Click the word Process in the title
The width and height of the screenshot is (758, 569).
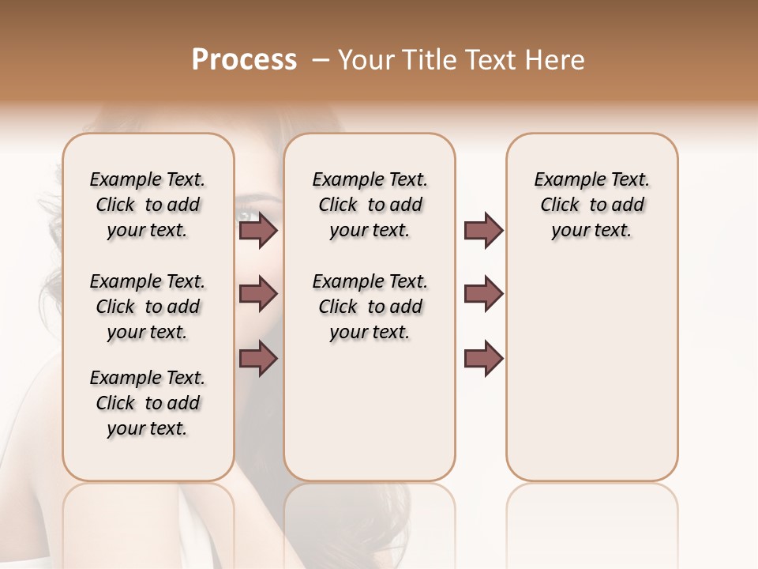(244, 60)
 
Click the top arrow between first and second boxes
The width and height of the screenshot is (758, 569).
(258, 231)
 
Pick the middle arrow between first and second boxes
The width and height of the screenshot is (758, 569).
(258, 294)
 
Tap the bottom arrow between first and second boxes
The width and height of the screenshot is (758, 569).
(258, 358)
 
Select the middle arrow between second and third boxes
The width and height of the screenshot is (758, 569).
(483, 294)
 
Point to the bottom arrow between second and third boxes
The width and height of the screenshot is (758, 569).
(483, 358)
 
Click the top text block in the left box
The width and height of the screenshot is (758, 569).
(147, 205)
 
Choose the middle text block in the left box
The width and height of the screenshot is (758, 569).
(147, 307)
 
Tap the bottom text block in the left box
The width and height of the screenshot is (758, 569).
(147, 403)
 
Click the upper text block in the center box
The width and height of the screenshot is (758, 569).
(370, 205)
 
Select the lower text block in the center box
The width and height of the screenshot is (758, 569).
(370, 307)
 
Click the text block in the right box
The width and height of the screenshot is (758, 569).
(591, 205)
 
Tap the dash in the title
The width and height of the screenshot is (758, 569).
(320, 60)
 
